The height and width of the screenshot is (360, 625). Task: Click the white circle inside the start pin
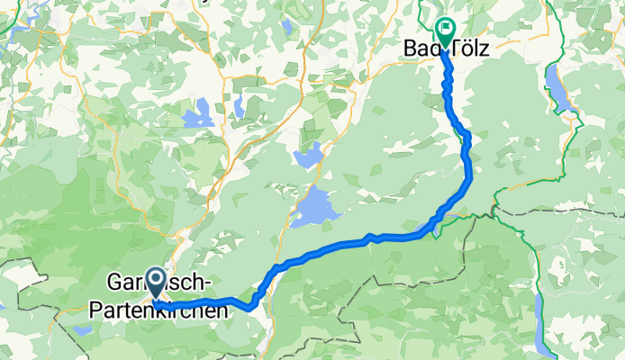(155, 281)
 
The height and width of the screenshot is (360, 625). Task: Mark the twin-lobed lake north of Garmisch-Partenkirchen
(198, 115)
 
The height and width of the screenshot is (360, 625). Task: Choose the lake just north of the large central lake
(307, 158)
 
